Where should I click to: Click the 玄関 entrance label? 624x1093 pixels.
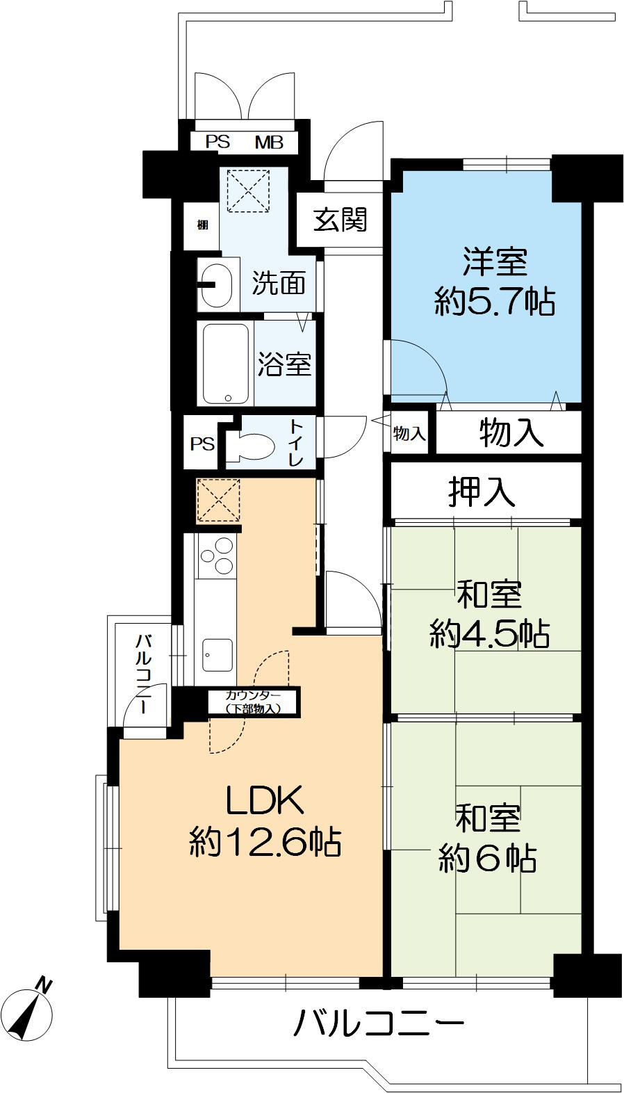[340, 220]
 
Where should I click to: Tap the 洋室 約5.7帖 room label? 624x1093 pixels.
[495, 282]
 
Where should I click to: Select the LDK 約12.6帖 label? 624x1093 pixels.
[265, 821]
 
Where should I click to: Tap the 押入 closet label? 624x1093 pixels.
[482, 492]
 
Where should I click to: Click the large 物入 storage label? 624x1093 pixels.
[511, 432]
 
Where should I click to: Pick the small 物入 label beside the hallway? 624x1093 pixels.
[409, 434]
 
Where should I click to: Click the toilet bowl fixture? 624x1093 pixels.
[251, 446]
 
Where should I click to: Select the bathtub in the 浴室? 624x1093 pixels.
[226, 364]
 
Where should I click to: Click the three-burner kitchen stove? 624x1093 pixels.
[217, 557]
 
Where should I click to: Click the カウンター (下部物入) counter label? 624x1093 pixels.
[253, 702]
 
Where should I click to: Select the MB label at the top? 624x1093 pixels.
[269, 143]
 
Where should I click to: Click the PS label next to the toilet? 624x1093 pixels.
[203, 443]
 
